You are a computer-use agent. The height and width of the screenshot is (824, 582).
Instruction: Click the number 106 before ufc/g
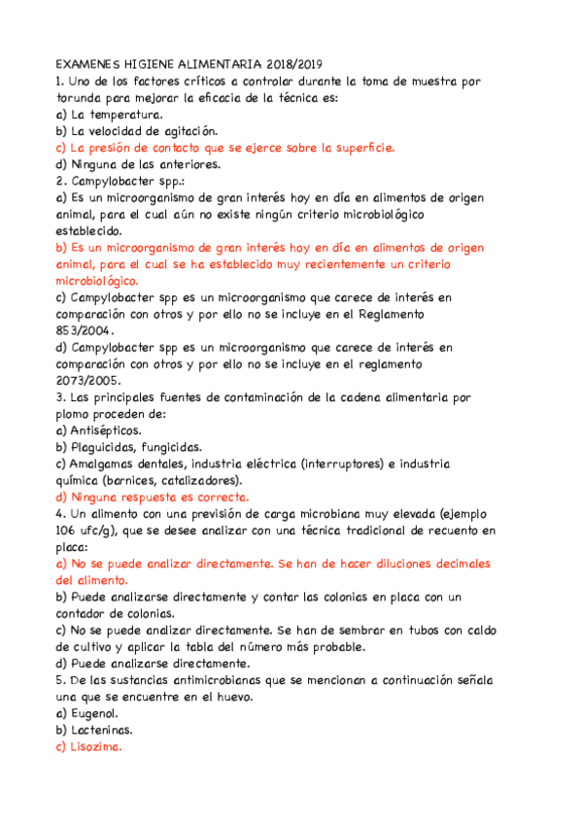[x=69, y=531]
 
